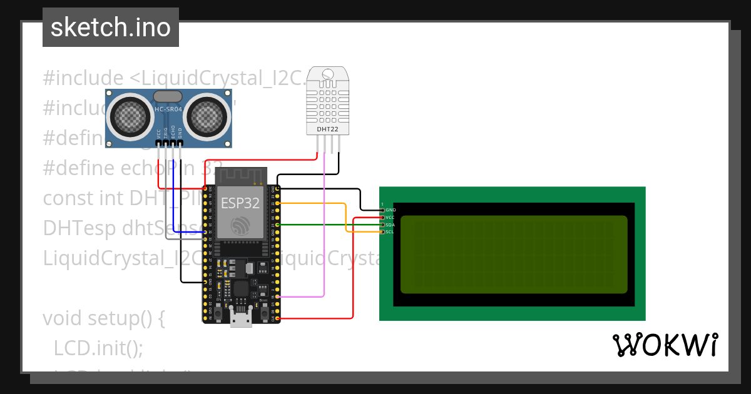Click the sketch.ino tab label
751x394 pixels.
(111, 28)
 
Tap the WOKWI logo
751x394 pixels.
(665, 345)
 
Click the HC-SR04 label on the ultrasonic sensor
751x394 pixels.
(168, 111)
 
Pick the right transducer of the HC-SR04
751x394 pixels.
(207, 114)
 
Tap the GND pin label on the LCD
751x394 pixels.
(391, 210)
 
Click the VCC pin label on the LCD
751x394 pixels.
(391, 218)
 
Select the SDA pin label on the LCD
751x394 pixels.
(391, 225)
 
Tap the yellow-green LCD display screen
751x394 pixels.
(513, 254)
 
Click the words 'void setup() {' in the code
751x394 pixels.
(103, 318)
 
